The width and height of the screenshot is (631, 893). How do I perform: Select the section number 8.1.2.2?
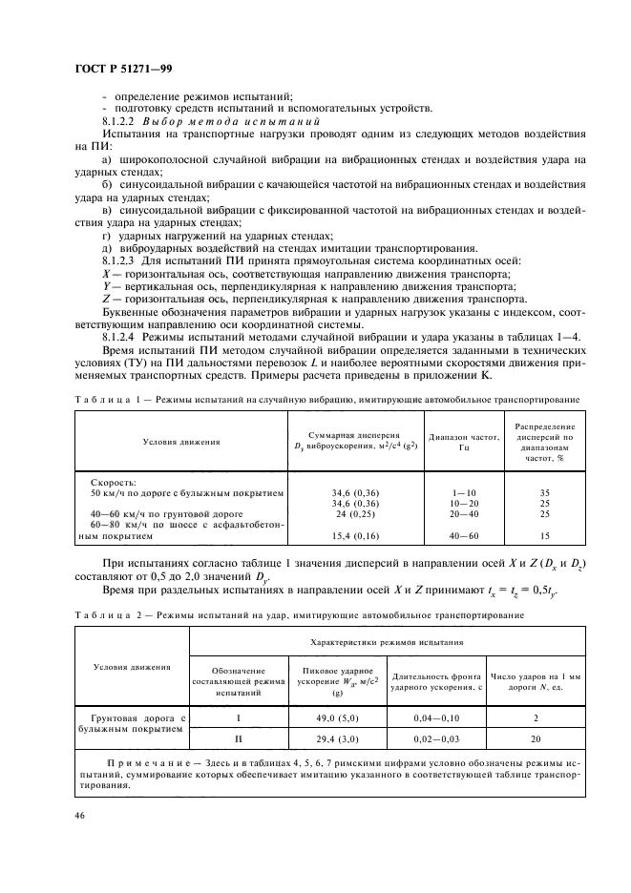pos(120,122)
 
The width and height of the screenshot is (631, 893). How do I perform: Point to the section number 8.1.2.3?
pos(120,260)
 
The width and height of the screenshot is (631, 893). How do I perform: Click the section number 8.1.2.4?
pos(120,336)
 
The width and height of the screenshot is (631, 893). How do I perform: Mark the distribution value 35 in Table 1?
pos(545,493)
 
